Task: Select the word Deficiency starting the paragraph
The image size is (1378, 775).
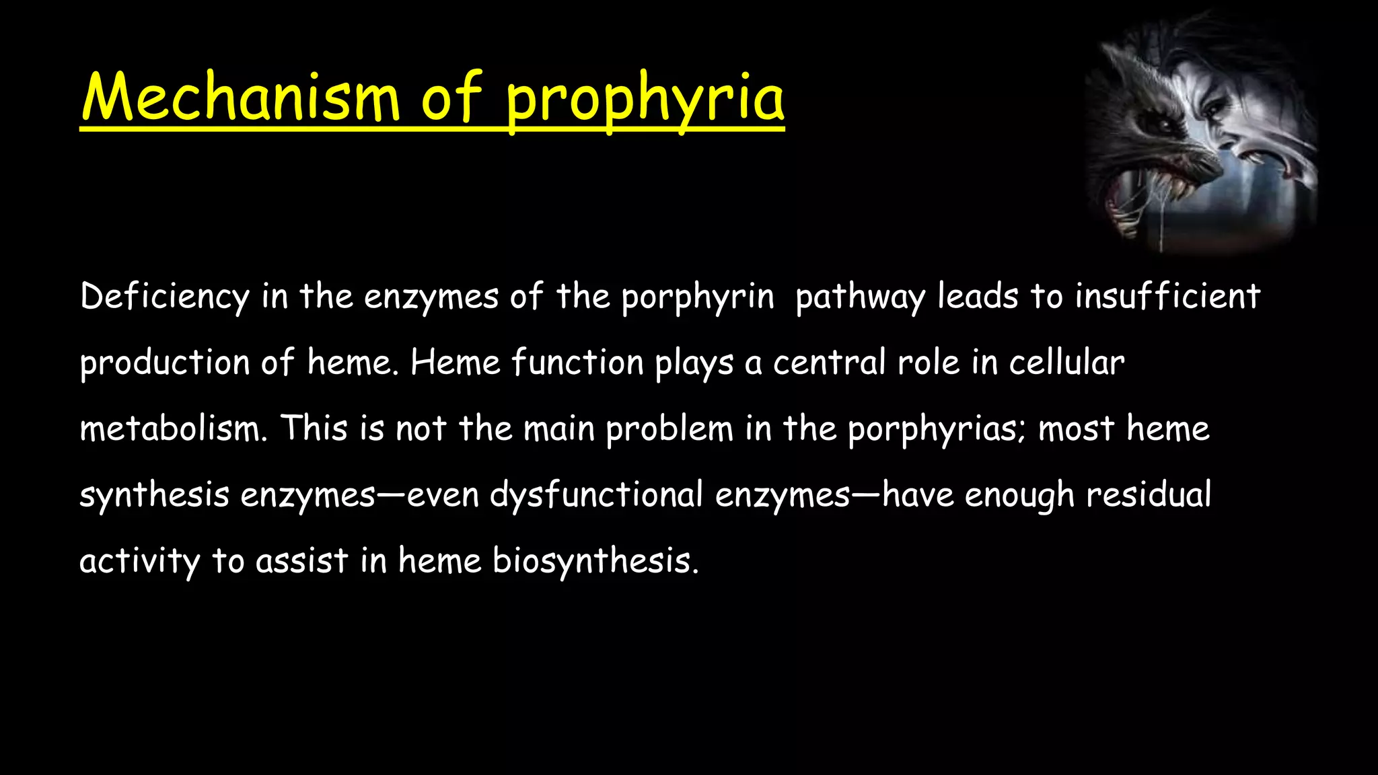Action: click(x=164, y=297)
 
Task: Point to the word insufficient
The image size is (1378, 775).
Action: click(x=1167, y=297)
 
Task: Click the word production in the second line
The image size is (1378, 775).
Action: click(x=164, y=363)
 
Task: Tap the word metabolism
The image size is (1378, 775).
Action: click(x=173, y=429)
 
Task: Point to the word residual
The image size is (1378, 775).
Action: click(x=1148, y=494)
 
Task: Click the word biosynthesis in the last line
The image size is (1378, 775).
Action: click(x=595, y=561)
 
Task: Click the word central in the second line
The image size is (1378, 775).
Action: click(x=828, y=363)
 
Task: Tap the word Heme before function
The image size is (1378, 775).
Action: click(x=455, y=363)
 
